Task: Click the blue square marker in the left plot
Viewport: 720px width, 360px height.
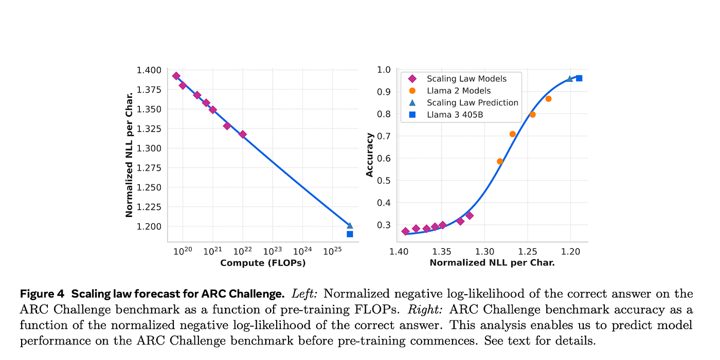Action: click(x=350, y=234)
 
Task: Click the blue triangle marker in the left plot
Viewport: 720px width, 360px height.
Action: click(x=350, y=225)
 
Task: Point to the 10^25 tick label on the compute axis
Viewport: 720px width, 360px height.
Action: click(x=332, y=251)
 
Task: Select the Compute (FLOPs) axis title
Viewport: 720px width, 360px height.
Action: click(x=263, y=263)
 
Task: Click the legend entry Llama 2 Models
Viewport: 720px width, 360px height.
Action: click(x=459, y=91)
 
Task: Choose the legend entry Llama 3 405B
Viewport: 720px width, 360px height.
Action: click(x=455, y=115)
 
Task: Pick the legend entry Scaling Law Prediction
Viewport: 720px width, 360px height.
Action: click(x=472, y=103)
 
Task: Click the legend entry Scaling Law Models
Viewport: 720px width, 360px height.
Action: click(x=466, y=79)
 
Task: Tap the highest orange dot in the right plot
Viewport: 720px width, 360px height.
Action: click(x=548, y=99)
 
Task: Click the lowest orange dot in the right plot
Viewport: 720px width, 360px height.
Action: click(x=500, y=161)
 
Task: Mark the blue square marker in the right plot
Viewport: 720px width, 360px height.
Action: click(x=579, y=78)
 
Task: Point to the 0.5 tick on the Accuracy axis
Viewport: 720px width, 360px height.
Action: click(x=385, y=181)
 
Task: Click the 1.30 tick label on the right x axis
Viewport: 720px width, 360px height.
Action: click(x=483, y=251)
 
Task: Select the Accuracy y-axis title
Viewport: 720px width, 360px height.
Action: click(x=370, y=155)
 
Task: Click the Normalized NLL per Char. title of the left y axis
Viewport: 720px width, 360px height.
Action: click(x=129, y=154)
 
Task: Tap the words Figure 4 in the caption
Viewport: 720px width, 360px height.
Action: click(x=42, y=294)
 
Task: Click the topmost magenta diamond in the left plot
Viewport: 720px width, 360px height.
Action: click(x=176, y=76)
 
